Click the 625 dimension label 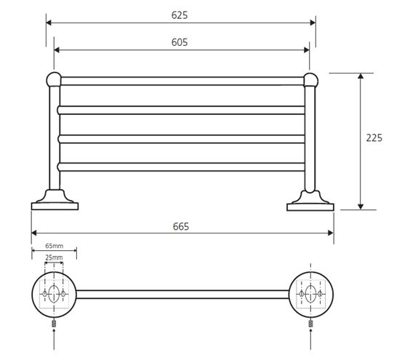coord(180,15)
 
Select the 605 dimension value coord(180,42)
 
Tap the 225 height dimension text coord(374,138)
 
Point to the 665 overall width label coord(181,226)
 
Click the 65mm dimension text coord(54,246)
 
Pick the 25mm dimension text coord(54,257)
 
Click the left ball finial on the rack coord(54,79)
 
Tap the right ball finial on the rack coord(311,80)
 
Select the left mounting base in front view coord(55,200)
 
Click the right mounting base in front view coord(310,201)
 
